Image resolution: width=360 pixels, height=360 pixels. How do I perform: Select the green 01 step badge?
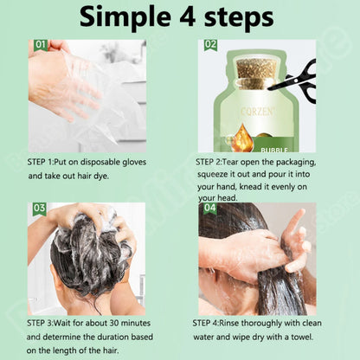41,45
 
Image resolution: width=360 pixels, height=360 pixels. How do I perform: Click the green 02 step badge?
211,45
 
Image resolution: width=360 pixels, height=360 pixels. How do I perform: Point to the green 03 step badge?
39,209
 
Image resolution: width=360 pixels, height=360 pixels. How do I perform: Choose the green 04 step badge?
210,209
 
